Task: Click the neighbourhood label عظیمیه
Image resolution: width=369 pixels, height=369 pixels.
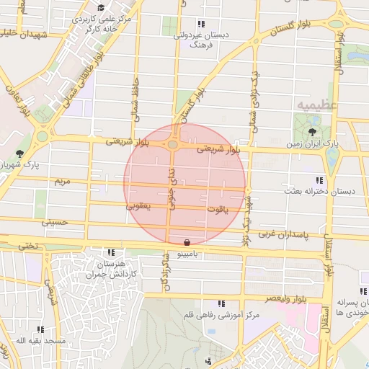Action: [316, 105]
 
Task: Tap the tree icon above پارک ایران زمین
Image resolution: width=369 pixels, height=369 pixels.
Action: [312, 132]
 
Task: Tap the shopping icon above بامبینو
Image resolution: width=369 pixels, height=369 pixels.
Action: [187, 243]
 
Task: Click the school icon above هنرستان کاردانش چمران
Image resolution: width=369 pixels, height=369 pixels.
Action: [111, 253]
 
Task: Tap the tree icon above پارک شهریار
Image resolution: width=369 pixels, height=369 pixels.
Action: [19, 153]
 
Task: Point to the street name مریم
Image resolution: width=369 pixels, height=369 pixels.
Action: [63, 181]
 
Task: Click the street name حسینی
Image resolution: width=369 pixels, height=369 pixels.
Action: [53, 223]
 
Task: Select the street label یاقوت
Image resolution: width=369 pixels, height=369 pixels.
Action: [216, 210]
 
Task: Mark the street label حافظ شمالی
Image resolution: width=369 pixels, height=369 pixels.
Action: [134, 101]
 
